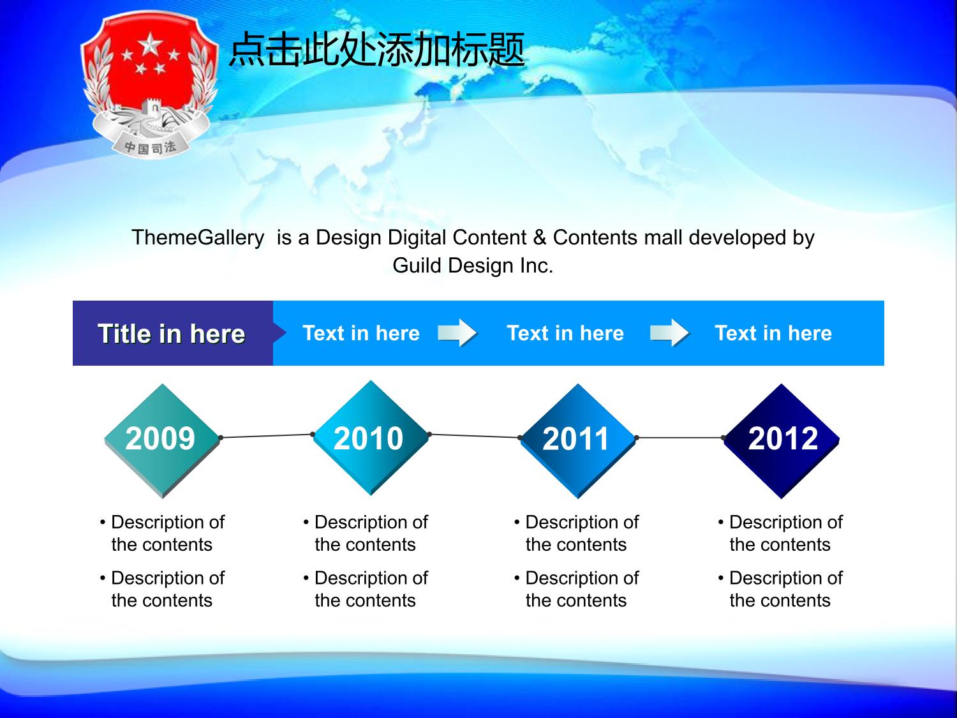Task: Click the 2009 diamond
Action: (x=162, y=440)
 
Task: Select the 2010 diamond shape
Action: (x=371, y=438)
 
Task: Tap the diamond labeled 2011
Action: (x=578, y=440)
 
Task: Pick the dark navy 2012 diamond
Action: (x=782, y=440)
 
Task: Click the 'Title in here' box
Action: (x=173, y=333)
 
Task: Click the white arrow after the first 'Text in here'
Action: (x=457, y=333)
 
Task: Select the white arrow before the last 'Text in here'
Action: (x=670, y=333)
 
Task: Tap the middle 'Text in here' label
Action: (x=565, y=333)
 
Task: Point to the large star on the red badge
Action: (x=151, y=44)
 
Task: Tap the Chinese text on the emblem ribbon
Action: (x=150, y=147)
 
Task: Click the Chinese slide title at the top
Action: (x=376, y=50)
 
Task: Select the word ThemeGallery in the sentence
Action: (x=198, y=237)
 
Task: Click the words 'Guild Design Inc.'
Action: (x=473, y=266)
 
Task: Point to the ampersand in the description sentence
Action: (x=540, y=237)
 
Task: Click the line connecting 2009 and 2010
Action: (x=267, y=436)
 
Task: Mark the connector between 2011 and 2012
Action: (x=680, y=438)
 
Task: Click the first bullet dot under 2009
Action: (x=103, y=522)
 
